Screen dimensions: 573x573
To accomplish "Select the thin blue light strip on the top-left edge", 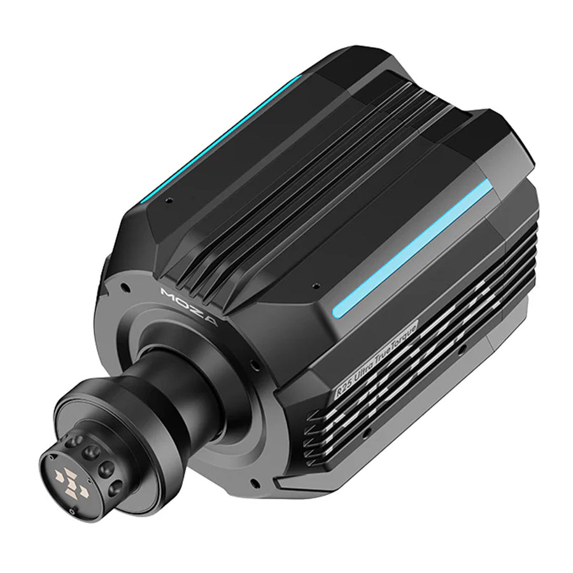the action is click(x=222, y=138).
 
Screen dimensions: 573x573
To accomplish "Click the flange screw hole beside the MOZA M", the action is click(x=125, y=287).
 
